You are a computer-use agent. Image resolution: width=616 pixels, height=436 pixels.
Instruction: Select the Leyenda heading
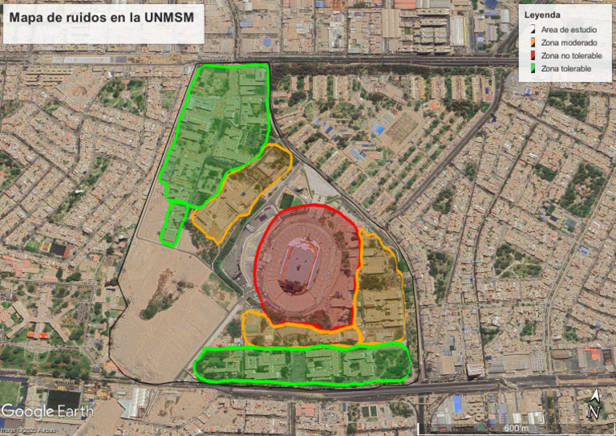[544, 15]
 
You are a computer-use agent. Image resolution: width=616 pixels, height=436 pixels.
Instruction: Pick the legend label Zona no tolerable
[572, 55]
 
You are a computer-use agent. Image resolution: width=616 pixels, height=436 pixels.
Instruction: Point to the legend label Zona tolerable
[566, 69]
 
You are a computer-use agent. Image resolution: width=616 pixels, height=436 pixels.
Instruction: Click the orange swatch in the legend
[533, 43]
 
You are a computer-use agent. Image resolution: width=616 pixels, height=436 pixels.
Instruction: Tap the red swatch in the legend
[533, 55]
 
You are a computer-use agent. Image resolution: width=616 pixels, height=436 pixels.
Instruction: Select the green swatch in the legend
[533, 69]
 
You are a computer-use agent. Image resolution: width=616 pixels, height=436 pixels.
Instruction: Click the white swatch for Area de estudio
[533, 29]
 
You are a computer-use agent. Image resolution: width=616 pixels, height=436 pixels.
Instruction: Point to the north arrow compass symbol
[594, 405]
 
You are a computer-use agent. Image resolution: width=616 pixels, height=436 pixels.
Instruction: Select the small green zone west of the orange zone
[174, 224]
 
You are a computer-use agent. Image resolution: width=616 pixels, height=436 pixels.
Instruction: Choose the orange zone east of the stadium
[379, 289]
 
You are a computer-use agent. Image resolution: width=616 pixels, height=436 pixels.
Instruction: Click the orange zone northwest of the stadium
[237, 193]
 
